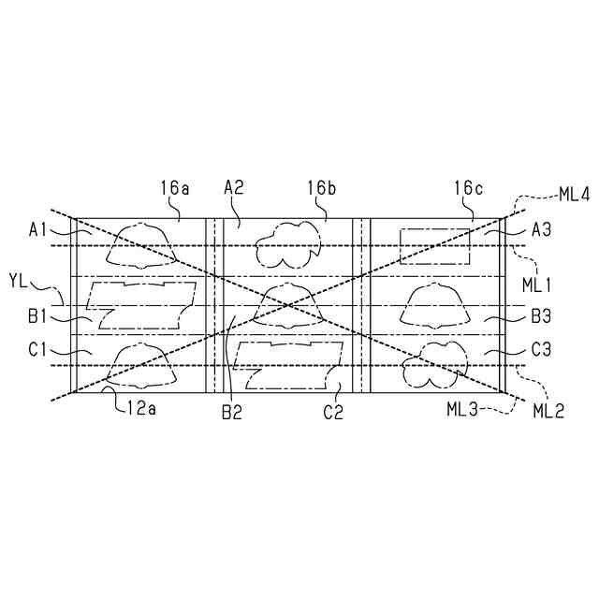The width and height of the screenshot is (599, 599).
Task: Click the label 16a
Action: [175, 188]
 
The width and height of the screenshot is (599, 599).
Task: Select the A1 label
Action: [38, 227]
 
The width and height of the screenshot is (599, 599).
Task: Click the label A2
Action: [234, 188]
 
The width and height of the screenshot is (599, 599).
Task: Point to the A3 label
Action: [542, 228]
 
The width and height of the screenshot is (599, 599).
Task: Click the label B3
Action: [542, 317]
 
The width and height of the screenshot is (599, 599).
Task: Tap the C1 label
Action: [38, 349]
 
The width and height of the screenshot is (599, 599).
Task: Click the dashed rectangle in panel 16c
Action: [435, 245]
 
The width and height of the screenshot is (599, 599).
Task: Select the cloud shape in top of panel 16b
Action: [289, 246]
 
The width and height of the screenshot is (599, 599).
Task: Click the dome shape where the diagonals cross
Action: [289, 304]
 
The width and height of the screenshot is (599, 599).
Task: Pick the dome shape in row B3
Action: [435, 305]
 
